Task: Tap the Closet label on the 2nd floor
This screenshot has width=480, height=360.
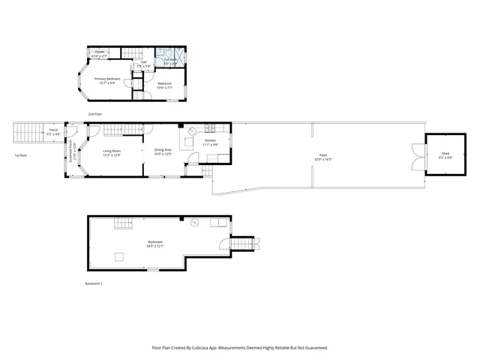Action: click(99, 52)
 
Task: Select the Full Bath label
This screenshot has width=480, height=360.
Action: click(170, 59)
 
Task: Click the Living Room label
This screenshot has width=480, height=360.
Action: click(112, 151)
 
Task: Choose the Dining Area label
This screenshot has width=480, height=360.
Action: click(163, 151)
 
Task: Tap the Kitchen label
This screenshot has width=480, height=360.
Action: click(211, 141)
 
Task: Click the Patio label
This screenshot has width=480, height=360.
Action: click(323, 155)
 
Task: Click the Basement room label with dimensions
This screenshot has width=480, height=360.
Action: click(155, 242)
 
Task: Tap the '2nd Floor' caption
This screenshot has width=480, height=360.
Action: click(95, 114)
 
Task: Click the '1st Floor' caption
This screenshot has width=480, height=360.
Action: click(20, 155)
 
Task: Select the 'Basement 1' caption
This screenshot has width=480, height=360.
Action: click(93, 283)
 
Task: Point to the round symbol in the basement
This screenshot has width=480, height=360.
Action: click(194, 222)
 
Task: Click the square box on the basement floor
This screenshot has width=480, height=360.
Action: click(118, 256)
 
